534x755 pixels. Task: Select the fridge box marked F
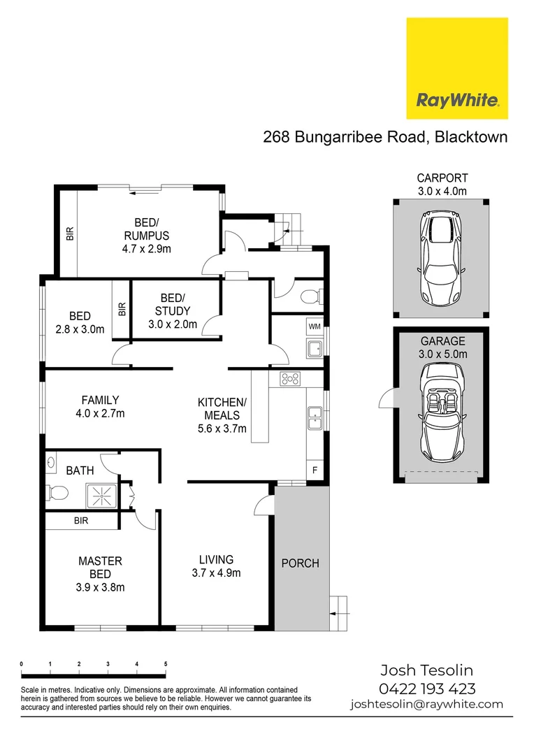coord(315,470)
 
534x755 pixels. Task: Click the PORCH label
coord(301,563)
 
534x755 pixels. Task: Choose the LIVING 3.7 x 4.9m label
coord(216,566)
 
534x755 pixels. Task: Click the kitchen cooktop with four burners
coord(290,379)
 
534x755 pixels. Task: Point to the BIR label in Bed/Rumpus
coord(70,233)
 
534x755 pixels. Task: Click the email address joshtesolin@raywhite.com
coord(426,704)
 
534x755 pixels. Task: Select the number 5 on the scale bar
coord(165,663)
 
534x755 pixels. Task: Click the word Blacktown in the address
coord(471,136)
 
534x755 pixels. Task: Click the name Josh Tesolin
coord(426,670)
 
